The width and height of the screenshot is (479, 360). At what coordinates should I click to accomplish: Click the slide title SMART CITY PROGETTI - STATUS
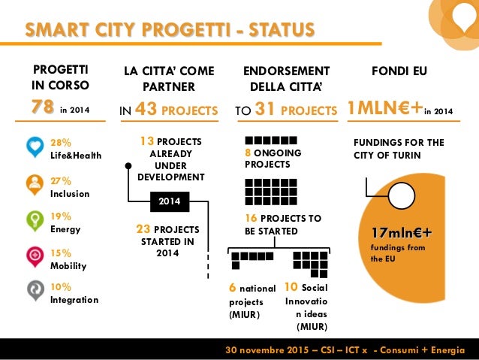click(170, 30)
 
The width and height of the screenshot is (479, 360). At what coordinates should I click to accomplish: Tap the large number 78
click(42, 109)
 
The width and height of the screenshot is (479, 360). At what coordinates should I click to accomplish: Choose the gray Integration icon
click(35, 292)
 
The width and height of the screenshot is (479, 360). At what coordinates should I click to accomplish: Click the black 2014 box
click(169, 201)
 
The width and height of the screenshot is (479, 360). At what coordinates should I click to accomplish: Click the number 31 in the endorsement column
click(264, 110)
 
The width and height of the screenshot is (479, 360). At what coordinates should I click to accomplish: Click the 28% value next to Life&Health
click(60, 142)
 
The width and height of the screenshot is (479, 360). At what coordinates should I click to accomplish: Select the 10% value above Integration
click(60, 287)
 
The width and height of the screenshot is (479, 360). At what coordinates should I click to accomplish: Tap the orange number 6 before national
click(233, 288)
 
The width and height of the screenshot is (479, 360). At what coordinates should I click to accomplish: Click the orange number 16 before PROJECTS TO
click(252, 218)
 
